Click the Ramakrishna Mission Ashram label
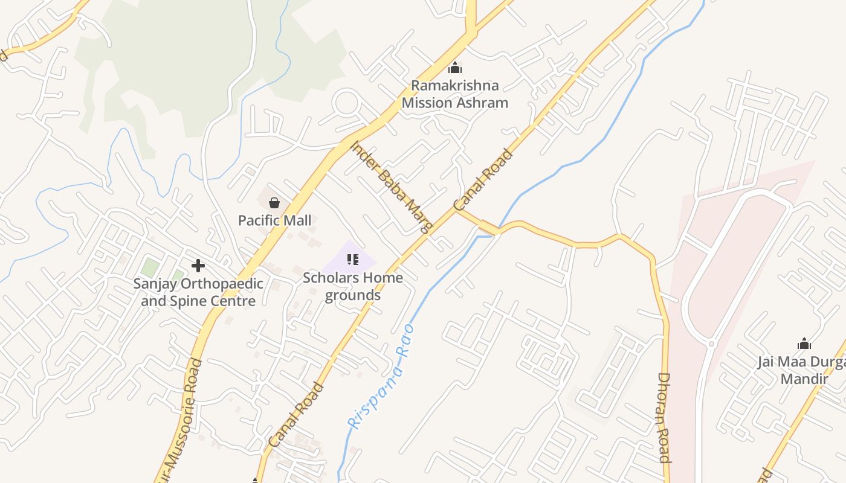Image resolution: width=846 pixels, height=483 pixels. coord(454,94)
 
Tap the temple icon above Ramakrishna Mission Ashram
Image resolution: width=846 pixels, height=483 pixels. coord(455,68)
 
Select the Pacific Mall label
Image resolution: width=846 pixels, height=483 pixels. coord(275,220)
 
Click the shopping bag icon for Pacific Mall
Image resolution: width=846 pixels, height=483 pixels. coord(274,202)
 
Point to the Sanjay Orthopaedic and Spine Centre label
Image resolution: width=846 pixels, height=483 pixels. coord(198,292)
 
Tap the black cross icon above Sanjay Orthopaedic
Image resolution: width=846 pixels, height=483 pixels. coord(198,265)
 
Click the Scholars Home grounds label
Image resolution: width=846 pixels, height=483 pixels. coord(353,286)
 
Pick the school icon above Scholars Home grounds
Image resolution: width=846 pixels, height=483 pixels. coord(353,260)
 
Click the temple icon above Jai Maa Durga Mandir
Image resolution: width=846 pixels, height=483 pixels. coord(804,344)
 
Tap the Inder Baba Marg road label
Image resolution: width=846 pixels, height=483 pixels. coord(392,187)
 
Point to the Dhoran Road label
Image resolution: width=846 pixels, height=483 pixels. coord(664,417)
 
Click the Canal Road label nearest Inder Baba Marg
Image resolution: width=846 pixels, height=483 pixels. coord(483,179)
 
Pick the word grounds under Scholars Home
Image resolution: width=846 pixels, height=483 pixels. coord(353,295)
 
